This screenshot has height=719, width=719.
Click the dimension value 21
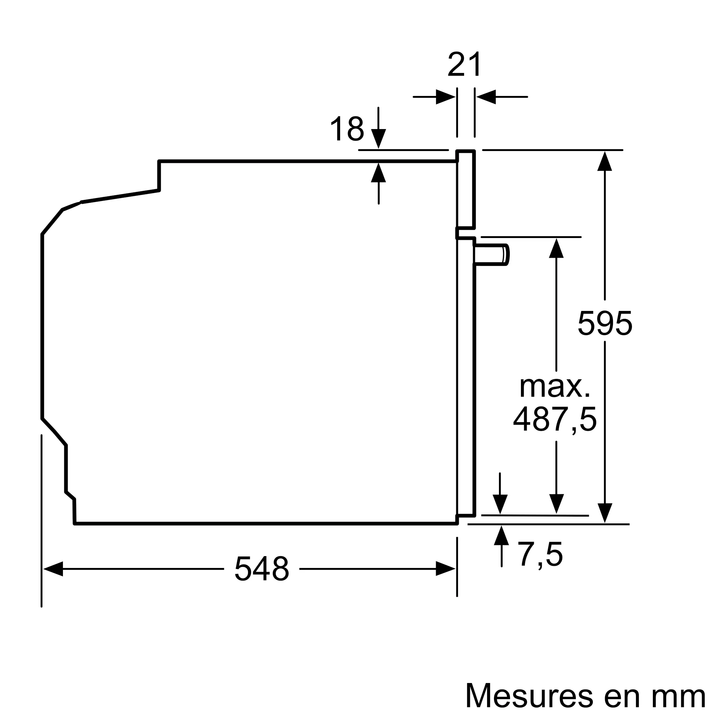point(465,64)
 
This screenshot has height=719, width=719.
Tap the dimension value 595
point(605,323)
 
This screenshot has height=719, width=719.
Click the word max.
point(554,388)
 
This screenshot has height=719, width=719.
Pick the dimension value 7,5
point(540,554)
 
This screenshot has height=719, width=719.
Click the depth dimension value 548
point(262,569)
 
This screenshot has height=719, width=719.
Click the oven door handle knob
point(490,255)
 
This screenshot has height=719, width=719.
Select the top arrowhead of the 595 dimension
point(605,161)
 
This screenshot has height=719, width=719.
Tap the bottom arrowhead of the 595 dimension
point(605,513)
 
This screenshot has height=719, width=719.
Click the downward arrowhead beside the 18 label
point(379,138)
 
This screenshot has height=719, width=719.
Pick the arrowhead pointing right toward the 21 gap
point(445,97)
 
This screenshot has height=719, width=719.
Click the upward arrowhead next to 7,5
point(501,536)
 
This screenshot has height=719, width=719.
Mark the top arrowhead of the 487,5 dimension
point(556,248)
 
